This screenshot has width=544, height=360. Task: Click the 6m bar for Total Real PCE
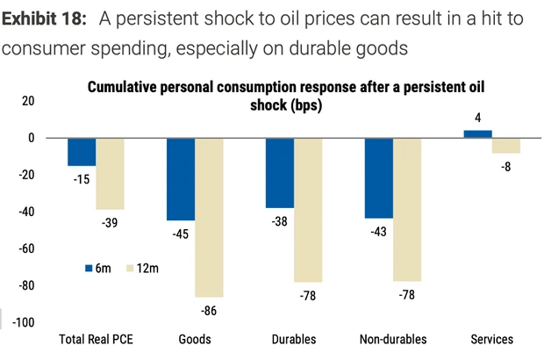click(x=82, y=152)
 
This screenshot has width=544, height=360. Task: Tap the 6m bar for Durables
click(x=280, y=173)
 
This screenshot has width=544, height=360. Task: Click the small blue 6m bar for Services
click(x=477, y=133)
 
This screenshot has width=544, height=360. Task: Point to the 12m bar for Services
click(x=506, y=146)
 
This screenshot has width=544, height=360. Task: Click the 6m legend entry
click(x=97, y=265)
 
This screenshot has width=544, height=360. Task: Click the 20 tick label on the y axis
click(x=28, y=101)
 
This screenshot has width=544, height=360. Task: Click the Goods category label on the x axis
click(x=195, y=340)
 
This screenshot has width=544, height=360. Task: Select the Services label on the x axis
click(x=491, y=340)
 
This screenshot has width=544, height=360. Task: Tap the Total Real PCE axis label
click(x=96, y=340)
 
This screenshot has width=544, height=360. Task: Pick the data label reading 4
click(x=477, y=119)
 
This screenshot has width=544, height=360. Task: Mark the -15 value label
click(x=82, y=179)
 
